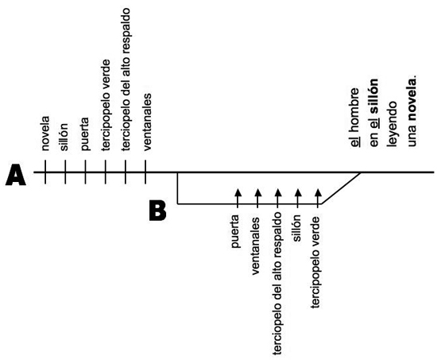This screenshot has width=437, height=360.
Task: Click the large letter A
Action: coord(16,175)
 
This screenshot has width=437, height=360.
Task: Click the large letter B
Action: coord(158,211)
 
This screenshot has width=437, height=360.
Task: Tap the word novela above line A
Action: coord(44,134)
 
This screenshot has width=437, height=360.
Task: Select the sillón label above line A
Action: coord(64,137)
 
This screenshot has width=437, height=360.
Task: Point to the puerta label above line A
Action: coord(84,134)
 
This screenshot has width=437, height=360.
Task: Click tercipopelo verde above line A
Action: coord(106,105)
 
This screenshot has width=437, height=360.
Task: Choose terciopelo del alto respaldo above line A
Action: coord(126,79)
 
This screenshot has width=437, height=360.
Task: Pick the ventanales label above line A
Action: coord(147,122)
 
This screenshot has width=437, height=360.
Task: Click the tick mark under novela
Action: coord(45,172)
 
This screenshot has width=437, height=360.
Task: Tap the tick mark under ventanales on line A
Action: coord(145,172)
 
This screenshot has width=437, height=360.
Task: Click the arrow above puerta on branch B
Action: coord(238,198)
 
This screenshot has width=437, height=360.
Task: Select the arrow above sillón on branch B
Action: coord(298,198)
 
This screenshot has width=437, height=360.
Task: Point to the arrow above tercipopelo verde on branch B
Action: coord(318,198)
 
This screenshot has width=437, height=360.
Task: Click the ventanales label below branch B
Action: coord(256,246)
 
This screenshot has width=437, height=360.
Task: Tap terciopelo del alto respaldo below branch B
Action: coord(277,284)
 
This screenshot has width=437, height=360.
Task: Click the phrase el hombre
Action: coord(355,118)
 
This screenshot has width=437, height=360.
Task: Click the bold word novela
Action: coord(412,99)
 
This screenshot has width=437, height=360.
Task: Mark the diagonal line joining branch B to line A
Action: coord(341,188)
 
